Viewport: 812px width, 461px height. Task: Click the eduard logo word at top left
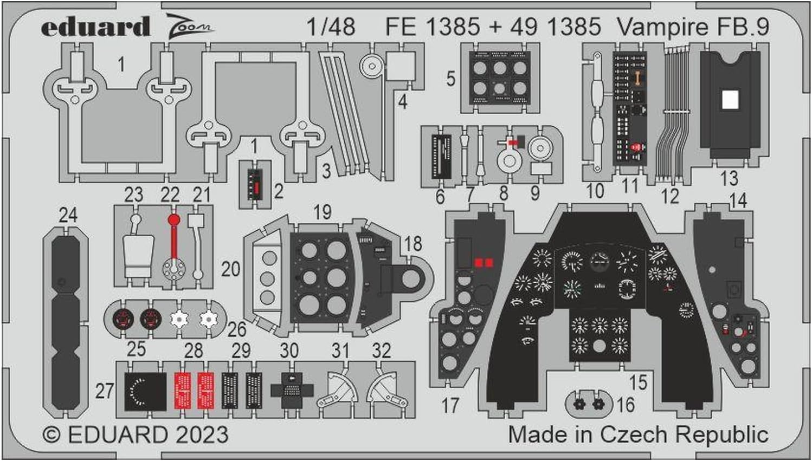pyautogui.click(x=95, y=27)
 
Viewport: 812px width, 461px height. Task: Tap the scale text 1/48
pyautogui.click(x=331, y=27)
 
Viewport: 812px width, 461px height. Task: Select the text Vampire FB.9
pyautogui.click(x=693, y=27)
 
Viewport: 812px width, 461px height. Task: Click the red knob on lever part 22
pyautogui.click(x=173, y=219)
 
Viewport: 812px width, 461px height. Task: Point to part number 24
pyautogui.click(x=68, y=215)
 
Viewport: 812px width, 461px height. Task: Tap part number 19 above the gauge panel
pyautogui.click(x=322, y=212)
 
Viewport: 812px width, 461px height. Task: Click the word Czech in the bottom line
pyautogui.click(x=633, y=434)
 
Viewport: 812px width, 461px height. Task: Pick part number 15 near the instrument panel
pyautogui.click(x=638, y=382)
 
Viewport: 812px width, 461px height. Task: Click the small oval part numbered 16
pyautogui.click(x=589, y=404)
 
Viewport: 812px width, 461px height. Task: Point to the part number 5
pyautogui.click(x=450, y=79)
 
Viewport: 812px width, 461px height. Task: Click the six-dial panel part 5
pyautogui.click(x=499, y=79)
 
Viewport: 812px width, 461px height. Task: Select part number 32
pyautogui.click(x=381, y=350)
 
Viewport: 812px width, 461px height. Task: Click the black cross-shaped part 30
pyautogui.click(x=292, y=389)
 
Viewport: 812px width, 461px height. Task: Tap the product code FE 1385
pyautogui.click(x=433, y=27)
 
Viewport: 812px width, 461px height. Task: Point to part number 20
pyautogui.click(x=230, y=269)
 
